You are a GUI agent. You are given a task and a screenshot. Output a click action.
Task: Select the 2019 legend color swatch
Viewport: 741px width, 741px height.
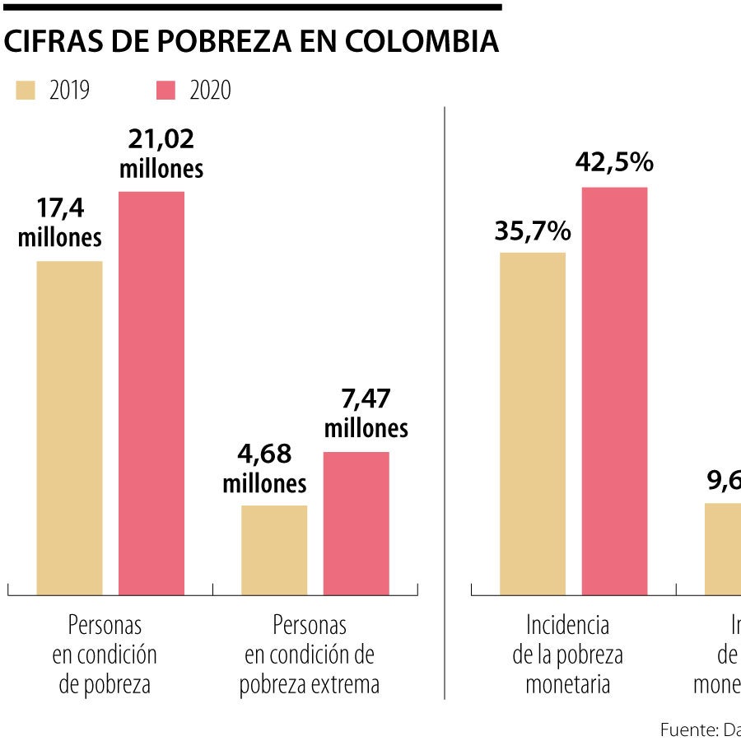[26, 91]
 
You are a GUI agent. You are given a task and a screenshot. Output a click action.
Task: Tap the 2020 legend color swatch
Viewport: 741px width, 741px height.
[166, 91]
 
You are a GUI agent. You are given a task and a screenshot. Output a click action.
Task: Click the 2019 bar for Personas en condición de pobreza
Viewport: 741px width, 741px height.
[69, 428]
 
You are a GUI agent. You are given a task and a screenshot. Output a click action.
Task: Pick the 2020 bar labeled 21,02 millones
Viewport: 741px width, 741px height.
[151, 394]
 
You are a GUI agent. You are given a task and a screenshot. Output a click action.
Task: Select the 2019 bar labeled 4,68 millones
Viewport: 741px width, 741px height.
[274, 550]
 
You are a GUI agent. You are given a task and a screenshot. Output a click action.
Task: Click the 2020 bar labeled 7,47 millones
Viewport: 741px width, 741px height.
[356, 524]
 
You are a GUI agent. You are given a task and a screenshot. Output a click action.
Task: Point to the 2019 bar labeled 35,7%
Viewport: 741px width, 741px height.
[533, 424]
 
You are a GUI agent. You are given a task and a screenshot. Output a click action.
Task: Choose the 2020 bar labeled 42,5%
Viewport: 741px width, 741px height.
[615, 391]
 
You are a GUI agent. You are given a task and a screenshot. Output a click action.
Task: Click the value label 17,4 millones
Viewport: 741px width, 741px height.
[60, 223]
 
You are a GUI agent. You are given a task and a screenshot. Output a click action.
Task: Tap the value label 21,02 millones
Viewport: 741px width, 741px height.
[161, 154]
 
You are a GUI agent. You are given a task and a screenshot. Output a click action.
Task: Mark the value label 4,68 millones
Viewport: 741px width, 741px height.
[264, 468]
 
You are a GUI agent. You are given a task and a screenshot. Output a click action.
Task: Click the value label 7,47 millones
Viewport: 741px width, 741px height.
[366, 414]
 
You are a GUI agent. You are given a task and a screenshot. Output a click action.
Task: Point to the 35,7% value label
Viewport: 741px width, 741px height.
[533, 231]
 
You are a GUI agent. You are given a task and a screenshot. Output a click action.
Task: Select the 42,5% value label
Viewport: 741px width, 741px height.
[614, 163]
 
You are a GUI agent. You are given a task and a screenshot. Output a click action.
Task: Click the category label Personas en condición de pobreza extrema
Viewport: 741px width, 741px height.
[310, 655]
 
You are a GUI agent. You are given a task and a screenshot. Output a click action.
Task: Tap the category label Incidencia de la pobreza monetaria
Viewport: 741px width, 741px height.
[568, 655]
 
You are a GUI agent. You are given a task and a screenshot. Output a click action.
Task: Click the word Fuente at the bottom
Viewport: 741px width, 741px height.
[689, 729]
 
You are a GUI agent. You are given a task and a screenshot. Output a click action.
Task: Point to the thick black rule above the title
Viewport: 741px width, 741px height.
[251, 7]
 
